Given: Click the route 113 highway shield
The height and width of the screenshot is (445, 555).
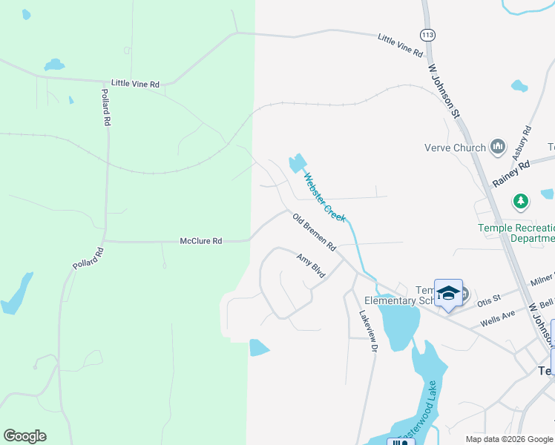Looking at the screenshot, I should pyautogui.click(x=427, y=35).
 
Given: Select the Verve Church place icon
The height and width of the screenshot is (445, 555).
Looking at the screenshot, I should pyautogui.click(x=498, y=147).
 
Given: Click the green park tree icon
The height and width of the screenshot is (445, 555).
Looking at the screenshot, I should pyautogui.click(x=521, y=201).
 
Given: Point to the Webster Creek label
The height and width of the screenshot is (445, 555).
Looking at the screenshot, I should pyautogui.click(x=325, y=197).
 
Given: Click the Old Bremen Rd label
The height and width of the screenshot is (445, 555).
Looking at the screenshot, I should pyautogui.click(x=315, y=232).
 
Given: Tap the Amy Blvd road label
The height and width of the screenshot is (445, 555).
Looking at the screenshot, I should pyautogui.click(x=311, y=266).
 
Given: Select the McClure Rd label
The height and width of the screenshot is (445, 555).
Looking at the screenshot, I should pyautogui.click(x=201, y=241).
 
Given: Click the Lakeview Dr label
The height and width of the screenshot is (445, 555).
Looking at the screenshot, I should pyautogui.click(x=369, y=331).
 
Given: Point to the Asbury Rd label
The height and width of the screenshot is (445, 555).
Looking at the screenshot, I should pyautogui.click(x=522, y=142).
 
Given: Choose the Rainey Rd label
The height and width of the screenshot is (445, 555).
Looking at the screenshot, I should pyautogui.click(x=512, y=175).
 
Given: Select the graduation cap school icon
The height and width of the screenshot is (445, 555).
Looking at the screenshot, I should pyautogui.click(x=448, y=292).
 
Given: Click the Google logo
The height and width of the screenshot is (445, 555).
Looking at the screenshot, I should pyautogui.click(x=24, y=436).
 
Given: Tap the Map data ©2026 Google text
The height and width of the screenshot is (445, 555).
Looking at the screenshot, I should pyautogui.click(x=510, y=439).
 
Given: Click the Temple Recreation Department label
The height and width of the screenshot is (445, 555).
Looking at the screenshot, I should pyautogui.click(x=516, y=233).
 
